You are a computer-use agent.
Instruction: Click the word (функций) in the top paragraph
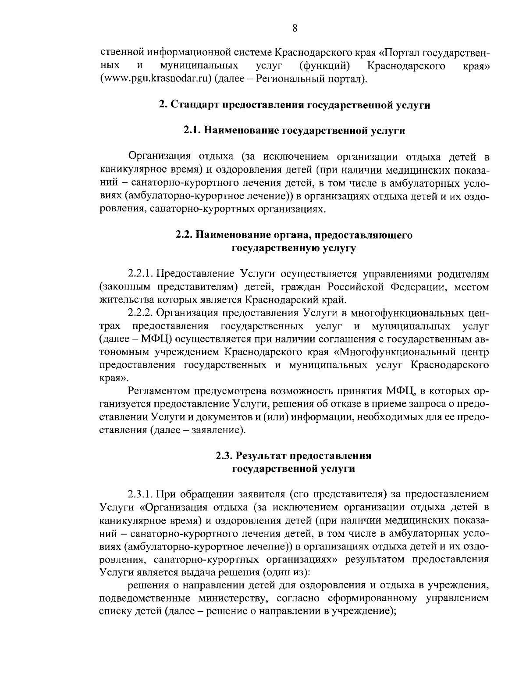[x=324, y=66]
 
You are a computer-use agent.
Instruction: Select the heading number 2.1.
[x=192, y=131]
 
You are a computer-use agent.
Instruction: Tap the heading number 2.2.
[x=185, y=235]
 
